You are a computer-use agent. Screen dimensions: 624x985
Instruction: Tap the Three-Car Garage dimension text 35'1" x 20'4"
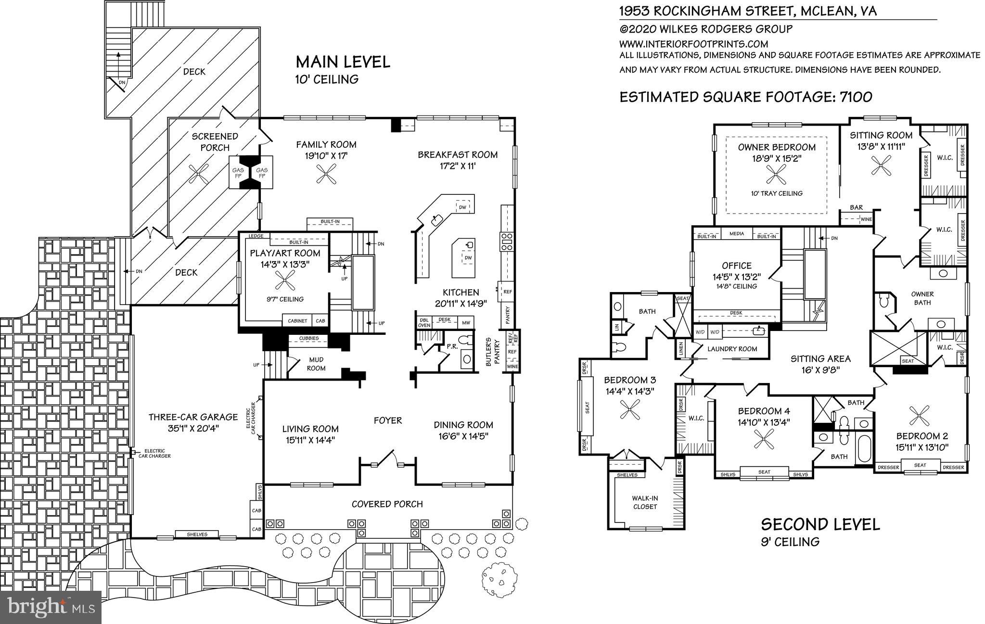pyautogui.click(x=193, y=428)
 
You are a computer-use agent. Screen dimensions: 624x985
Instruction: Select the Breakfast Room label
pyautogui.click(x=457, y=155)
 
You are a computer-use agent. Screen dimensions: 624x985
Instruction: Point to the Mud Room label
pyautogui.click(x=316, y=364)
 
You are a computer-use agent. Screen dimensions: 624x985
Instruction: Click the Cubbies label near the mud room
pyautogui.click(x=308, y=338)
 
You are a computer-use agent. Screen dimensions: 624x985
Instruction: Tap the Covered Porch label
pyautogui.click(x=387, y=504)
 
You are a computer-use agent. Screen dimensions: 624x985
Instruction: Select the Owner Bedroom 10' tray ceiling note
pyautogui.click(x=777, y=193)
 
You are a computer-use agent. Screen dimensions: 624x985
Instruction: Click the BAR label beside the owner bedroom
pyautogui.click(x=856, y=208)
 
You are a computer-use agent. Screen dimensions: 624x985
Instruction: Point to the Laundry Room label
pyautogui.click(x=732, y=349)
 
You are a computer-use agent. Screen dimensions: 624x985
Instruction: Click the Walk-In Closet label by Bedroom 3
pyautogui.click(x=645, y=502)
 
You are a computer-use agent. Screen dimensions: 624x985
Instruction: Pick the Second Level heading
pyautogui.click(x=820, y=524)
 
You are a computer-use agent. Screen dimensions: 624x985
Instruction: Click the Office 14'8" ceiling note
pyautogui.click(x=736, y=286)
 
